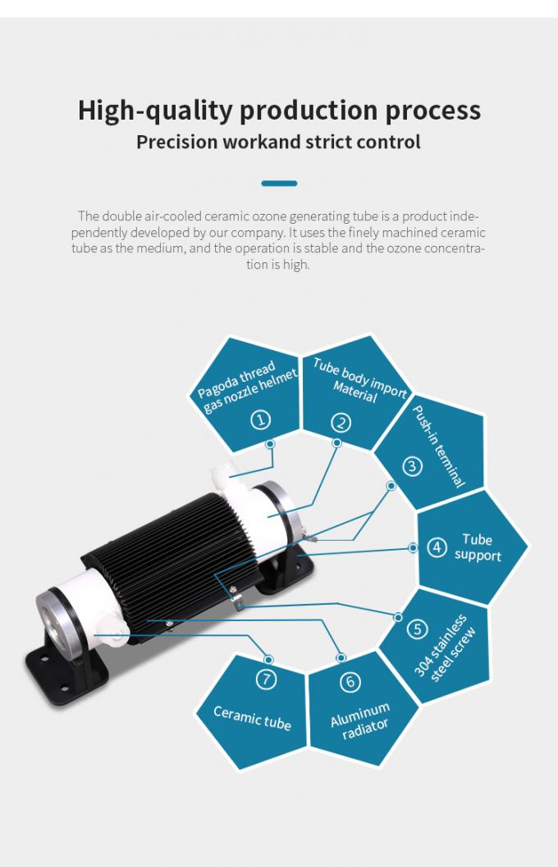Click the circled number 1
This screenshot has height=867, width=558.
261,420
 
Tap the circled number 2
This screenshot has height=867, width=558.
341,423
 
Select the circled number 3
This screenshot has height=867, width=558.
412,466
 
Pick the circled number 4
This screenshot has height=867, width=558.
437,547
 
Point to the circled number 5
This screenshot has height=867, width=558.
417,629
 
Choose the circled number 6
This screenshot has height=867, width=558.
350,682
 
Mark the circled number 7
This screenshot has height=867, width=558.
266,679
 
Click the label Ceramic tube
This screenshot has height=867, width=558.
253,718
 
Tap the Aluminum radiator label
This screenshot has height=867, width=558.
362,721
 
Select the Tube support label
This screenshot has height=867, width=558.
478,547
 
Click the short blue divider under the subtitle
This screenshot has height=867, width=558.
279,183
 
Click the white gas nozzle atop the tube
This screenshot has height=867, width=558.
225,474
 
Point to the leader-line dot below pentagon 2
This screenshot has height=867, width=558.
336,443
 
